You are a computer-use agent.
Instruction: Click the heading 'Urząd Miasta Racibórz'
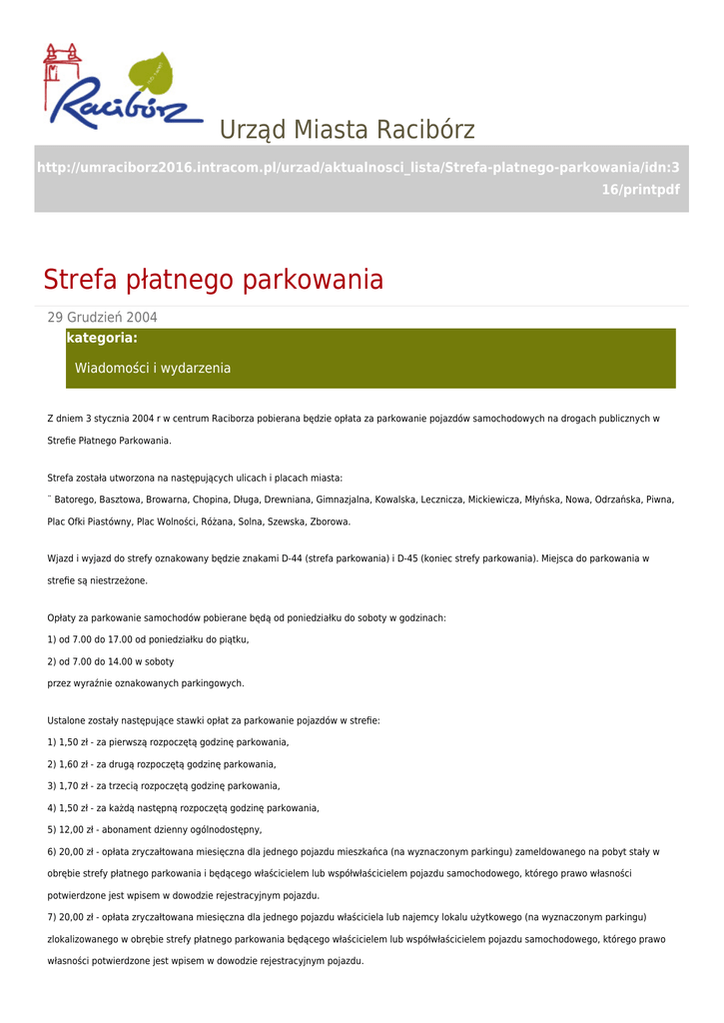tap(347, 130)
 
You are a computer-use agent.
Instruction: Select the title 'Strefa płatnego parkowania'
tap(213, 280)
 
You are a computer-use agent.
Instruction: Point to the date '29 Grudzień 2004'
tap(103, 318)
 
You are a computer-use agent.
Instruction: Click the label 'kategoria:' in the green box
tap(101, 339)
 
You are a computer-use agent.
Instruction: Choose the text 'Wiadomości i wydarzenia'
tap(153, 369)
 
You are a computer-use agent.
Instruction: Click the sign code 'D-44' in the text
tap(291, 558)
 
